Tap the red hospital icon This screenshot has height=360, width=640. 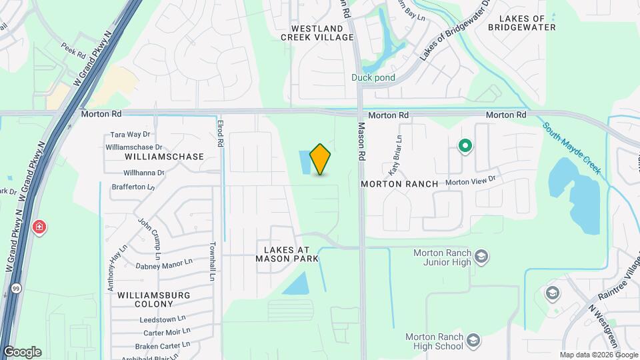pyautogui.click(x=39, y=227)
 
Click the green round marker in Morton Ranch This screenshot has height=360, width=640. pyautogui.click(x=465, y=145)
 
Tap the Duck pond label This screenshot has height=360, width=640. pyautogui.click(x=373, y=77)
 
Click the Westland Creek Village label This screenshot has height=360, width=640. pyautogui.click(x=317, y=33)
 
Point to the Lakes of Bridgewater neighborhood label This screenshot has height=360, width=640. pyautogui.click(x=522, y=23)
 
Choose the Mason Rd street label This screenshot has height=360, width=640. pyautogui.click(x=362, y=140)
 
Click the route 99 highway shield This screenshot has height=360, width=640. pyautogui.click(x=15, y=289)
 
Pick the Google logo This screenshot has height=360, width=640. pyautogui.click(x=22, y=352)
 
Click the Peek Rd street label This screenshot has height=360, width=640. pyautogui.click(x=73, y=51)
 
